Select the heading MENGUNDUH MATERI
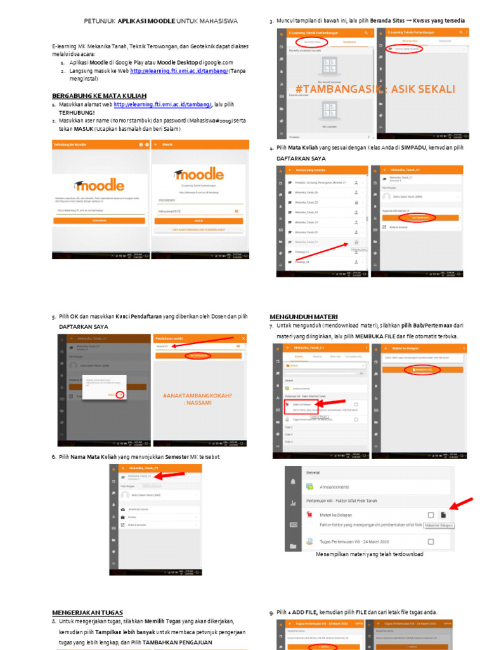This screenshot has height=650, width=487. (303, 317)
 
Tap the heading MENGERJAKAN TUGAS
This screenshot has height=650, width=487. (88, 613)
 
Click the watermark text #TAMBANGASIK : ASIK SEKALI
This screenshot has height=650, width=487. (375, 89)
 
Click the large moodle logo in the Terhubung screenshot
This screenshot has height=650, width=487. (99, 185)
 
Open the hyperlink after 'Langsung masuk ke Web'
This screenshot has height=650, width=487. (179, 71)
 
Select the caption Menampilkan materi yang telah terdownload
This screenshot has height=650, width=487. (369, 554)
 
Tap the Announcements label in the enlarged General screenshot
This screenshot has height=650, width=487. (334, 487)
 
